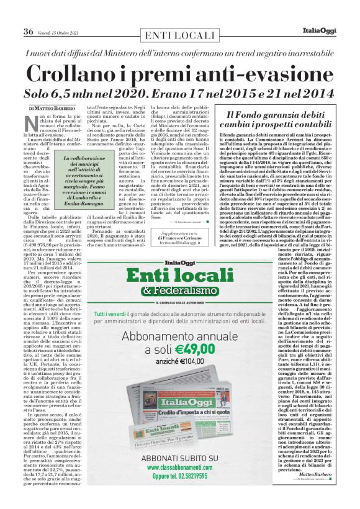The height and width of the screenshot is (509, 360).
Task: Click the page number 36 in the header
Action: [x=28, y=31]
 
